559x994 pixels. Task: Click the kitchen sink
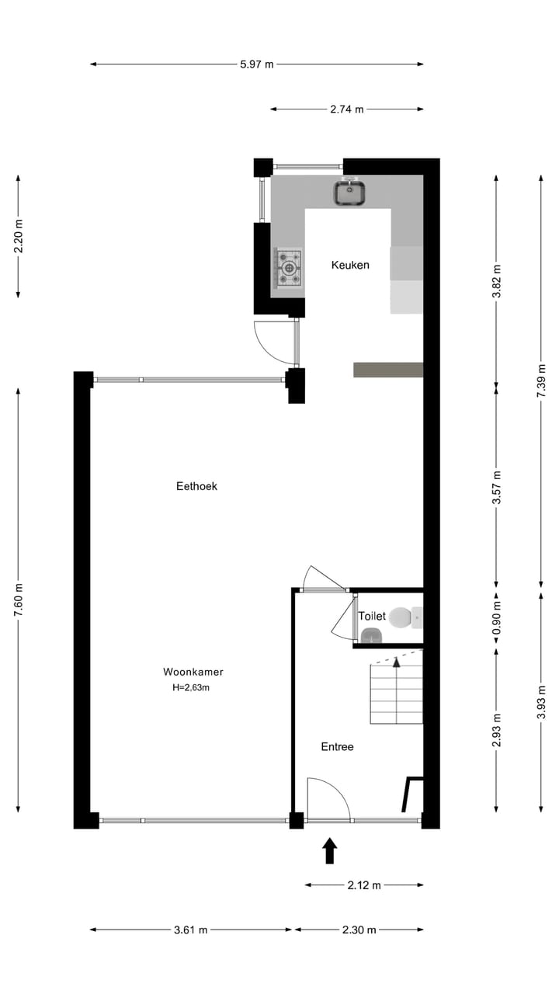(x=350, y=193)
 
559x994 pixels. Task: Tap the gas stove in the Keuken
(x=289, y=268)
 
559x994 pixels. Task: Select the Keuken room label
(x=350, y=265)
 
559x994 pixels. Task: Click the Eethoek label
(x=197, y=486)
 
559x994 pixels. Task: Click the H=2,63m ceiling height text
(x=191, y=687)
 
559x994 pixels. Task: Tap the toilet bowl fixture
(x=401, y=617)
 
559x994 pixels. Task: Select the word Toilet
(x=372, y=616)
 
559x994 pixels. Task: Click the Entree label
(x=338, y=746)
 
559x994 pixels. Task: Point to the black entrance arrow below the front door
(x=330, y=850)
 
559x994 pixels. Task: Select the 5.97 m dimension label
(x=257, y=64)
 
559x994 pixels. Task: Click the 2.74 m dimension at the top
(x=347, y=109)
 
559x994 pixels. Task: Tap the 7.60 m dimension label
(x=18, y=600)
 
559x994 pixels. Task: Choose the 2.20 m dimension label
(x=18, y=236)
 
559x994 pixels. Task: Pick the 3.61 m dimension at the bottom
(x=191, y=930)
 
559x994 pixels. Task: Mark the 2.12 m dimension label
(x=364, y=885)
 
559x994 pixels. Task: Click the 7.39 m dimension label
(x=541, y=381)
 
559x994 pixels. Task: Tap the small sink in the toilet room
(x=372, y=636)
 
